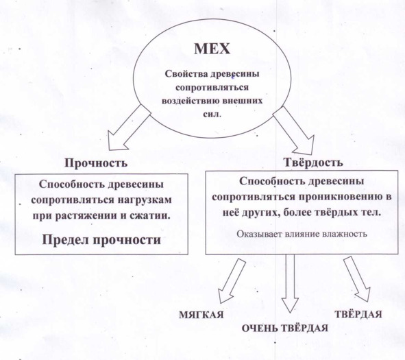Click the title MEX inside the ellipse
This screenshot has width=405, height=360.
coord(212,49)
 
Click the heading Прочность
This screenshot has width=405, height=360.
coord(96,163)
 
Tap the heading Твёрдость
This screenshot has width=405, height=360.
coord(314,163)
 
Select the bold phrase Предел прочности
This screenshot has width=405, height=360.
coord(101,239)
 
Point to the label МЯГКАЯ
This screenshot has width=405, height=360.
coord(201,315)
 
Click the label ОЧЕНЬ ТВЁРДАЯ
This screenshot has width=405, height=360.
coord(285,328)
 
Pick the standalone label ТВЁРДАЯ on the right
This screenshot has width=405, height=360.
coord(358,314)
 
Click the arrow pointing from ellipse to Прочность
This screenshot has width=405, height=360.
coord(129,128)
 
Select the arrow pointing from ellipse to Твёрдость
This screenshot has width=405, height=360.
coord(294,130)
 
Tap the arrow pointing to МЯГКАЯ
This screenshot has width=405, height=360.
coord(232,281)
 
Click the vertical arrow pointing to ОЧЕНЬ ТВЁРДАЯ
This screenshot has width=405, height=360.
coord(290,284)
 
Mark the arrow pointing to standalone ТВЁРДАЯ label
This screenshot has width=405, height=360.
coord(357,279)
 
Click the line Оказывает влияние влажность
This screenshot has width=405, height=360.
coord(302,234)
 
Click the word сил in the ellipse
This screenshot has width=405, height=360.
coord(211,114)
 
